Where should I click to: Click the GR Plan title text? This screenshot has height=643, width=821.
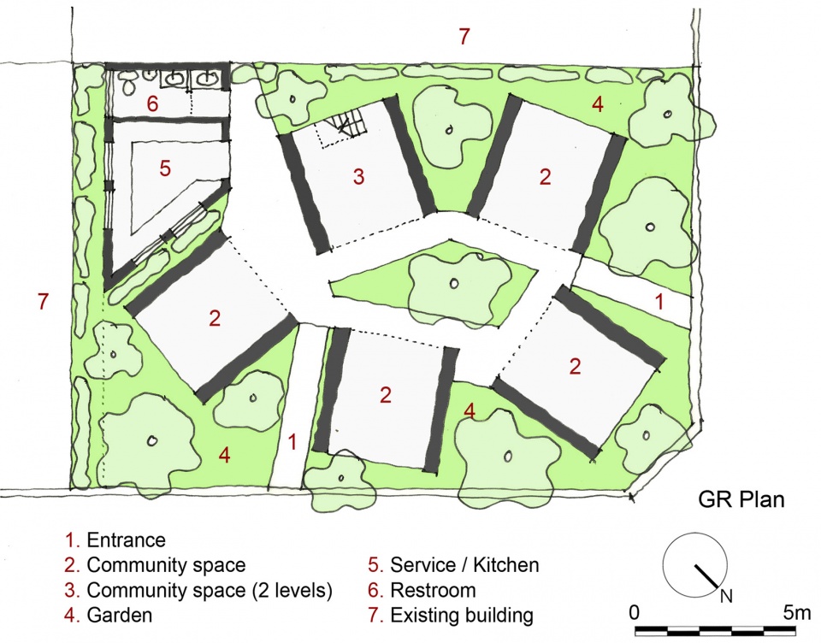741,499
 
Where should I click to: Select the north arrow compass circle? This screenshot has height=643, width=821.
694,564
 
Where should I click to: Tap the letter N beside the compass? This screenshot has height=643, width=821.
726,596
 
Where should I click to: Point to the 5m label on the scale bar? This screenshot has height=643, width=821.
797,612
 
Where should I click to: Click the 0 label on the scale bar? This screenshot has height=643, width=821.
634,612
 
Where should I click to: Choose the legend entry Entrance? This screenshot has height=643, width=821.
115,540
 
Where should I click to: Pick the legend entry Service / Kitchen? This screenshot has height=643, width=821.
453,565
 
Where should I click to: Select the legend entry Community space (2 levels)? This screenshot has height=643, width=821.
198,590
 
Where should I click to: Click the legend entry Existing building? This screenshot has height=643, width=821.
451,615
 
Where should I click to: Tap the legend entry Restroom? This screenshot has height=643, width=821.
422,590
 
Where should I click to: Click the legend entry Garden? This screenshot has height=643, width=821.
109,615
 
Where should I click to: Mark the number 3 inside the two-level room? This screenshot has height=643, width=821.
358,176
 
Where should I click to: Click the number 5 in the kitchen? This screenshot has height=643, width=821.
165,168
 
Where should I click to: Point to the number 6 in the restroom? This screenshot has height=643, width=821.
152,103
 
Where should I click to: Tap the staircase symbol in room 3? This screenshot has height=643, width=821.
343,127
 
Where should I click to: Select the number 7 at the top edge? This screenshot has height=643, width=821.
464,37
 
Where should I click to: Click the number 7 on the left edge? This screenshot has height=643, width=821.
43,302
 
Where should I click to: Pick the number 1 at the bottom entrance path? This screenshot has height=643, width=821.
292,442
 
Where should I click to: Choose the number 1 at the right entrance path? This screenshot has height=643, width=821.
659,302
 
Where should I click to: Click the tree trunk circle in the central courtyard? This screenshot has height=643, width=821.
454,284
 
